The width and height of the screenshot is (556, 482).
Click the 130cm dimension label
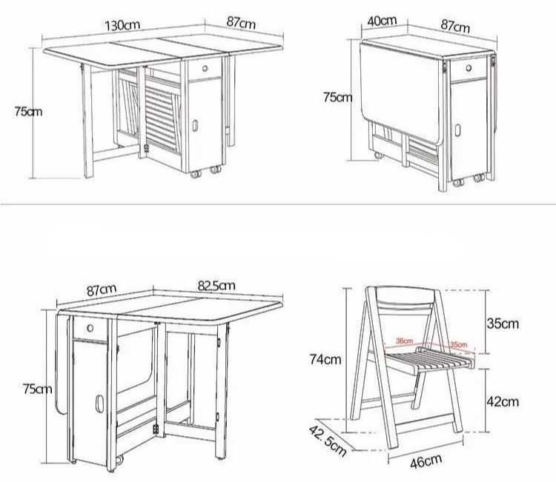pyautogui.click(x=122, y=24)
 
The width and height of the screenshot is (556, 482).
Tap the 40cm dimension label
pyautogui.click(x=381, y=21)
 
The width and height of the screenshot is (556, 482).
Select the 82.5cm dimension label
pyautogui.click(x=216, y=286)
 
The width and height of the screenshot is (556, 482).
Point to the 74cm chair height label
pyautogui.click(x=325, y=360)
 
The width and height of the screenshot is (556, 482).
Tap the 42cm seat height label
pyautogui.click(x=503, y=401)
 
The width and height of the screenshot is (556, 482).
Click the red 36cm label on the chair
pyautogui.click(x=404, y=341)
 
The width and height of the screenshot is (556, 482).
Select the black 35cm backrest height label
pyautogui.click(x=503, y=323)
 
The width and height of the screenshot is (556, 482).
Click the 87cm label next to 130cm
pyautogui.click(x=241, y=23)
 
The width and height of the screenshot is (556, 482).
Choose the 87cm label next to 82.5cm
pyautogui.click(x=102, y=289)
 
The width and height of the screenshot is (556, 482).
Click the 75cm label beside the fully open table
pyautogui.click(x=29, y=111)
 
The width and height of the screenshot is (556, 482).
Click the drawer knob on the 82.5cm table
pyautogui.click(x=89, y=327)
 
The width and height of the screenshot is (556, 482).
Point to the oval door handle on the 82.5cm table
pyautogui.click(x=98, y=405)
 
